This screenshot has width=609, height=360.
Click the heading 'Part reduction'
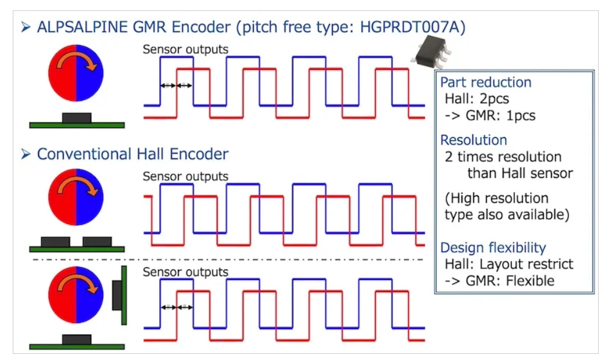[x=486, y=83]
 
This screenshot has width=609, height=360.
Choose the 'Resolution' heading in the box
[x=474, y=140]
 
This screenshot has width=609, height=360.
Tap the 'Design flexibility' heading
[x=493, y=248]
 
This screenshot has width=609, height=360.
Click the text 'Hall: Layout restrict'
[x=509, y=264]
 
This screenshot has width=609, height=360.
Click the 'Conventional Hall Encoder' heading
[x=132, y=154]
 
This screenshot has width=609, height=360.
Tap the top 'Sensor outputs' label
[x=185, y=49]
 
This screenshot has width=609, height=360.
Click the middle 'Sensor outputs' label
[x=185, y=177]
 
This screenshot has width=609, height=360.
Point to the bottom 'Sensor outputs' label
[x=185, y=272]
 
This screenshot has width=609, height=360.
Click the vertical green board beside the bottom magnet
[x=124, y=295]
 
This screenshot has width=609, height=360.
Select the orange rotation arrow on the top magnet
[x=81, y=63]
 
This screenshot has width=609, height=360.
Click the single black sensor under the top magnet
[x=77, y=117]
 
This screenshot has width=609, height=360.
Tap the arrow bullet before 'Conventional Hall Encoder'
[x=25, y=154]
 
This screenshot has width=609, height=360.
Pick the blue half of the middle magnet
[x=90, y=197]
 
